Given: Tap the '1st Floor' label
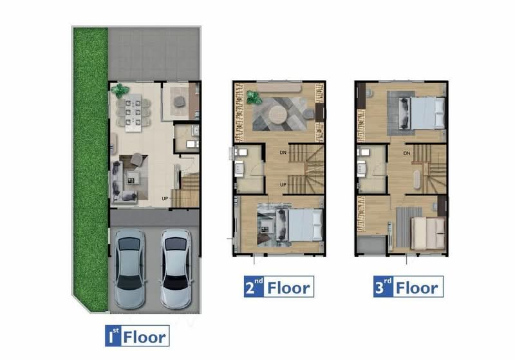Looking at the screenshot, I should coord(137,336).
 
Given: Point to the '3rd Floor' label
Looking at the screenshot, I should coord(407,288).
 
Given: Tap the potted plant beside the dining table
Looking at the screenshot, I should coord(120,91).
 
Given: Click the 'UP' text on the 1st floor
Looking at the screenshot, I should coord(165,199).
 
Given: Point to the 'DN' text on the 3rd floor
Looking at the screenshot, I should coord(406,153).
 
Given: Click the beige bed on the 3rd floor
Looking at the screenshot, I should coord(427,232).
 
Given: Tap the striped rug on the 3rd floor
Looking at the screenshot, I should coord(400,227).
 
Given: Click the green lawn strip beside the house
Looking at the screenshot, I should coord(88,161).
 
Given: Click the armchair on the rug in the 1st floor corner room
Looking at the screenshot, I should coord(179,100).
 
